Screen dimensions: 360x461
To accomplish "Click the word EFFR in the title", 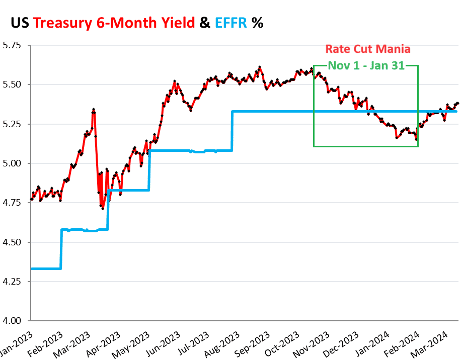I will click(231, 22).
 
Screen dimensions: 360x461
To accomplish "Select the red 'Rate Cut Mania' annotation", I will click(367, 49).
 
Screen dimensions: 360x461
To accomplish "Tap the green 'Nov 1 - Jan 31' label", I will click(366, 65).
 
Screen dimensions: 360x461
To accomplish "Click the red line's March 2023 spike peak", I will click(94, 109).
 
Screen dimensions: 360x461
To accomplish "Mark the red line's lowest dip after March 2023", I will click(103, 208).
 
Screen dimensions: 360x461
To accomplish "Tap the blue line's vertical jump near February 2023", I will click(61, 249).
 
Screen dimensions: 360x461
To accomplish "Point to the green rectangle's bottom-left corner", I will click(314, 146).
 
